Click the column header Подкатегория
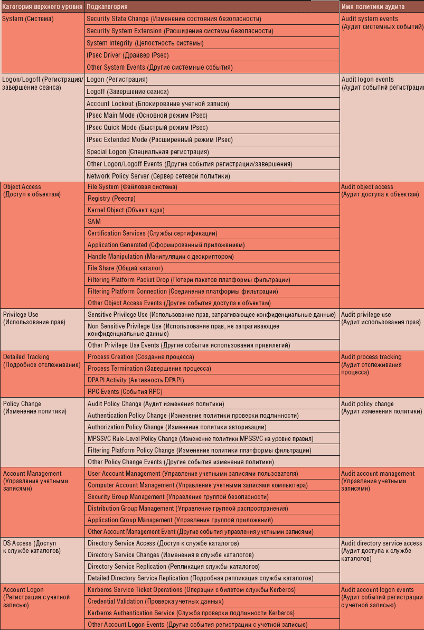coord(107,6)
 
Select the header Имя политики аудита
coord(373,6)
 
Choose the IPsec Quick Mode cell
coord(147,128)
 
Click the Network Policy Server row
coord(158,176)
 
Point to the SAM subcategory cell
coord(95,222)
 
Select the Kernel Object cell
coord(126,210)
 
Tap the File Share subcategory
coord(117,268)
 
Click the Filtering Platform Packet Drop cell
coord(189,280)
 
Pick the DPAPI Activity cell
coord(136,380)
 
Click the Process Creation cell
coord(140,357)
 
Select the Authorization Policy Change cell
coord(176,427)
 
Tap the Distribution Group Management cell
coord(187,509)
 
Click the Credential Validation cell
coord(155,601)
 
